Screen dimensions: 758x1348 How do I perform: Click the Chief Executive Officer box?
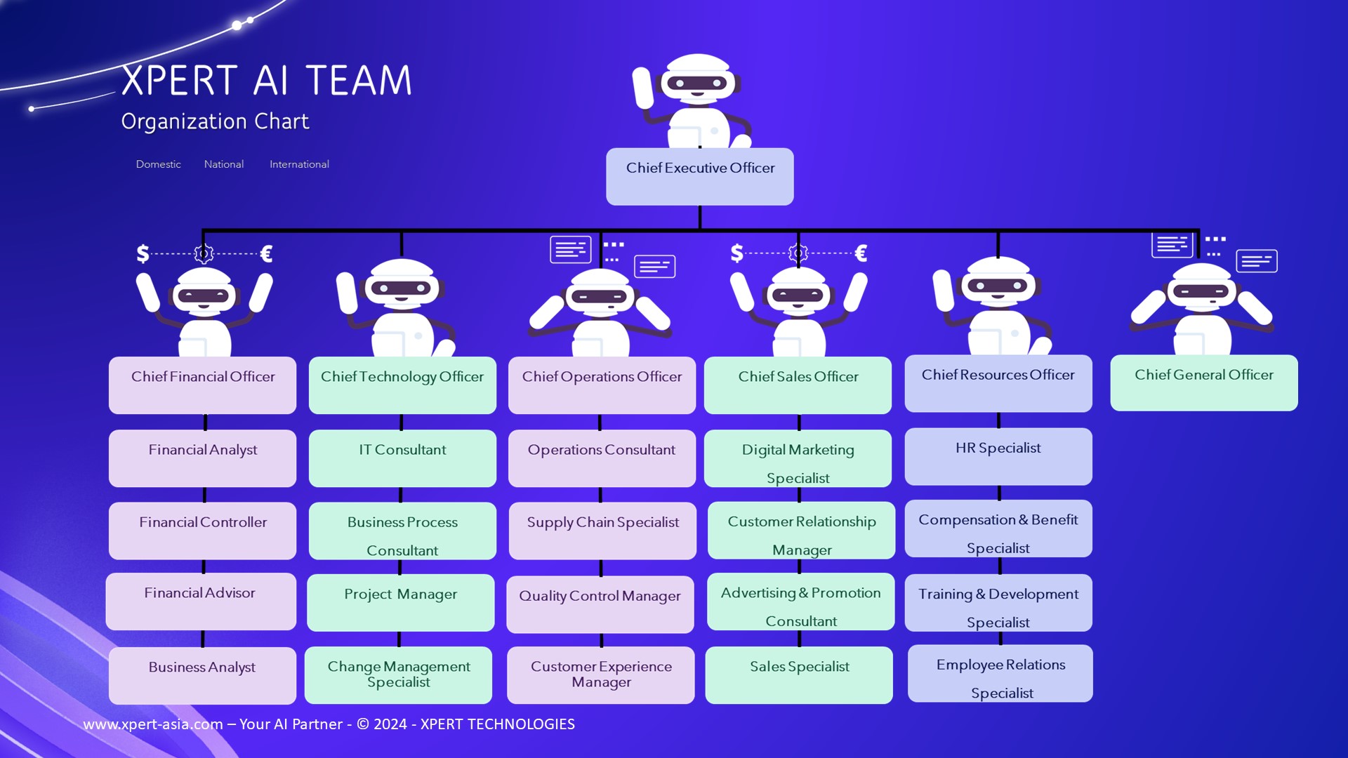coord(699,176)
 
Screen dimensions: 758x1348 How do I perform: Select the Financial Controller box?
coord(202,530)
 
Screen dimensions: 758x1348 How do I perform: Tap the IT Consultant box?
coord(402,458)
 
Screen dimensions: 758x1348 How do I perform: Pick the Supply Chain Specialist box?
coord(602,530)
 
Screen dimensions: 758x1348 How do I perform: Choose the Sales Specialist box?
coord(799,674)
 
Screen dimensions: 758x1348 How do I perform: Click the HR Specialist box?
coord(998,456)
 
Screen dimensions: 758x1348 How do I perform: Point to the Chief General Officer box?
coord(1203,383)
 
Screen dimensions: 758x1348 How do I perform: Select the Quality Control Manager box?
coord(600,604)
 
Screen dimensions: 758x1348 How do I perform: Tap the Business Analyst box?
coord(202,674)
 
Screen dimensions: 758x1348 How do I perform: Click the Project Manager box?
coord(400,602)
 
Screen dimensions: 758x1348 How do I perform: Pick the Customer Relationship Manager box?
coord(801,530)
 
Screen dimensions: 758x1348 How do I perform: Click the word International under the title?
coord(299,164)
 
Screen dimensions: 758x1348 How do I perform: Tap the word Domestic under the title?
coord(158,164)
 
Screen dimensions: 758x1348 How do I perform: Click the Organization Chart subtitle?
coord(215,121)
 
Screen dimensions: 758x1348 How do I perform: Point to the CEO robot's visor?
coord(696,84)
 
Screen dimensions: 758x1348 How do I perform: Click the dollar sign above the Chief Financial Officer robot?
coord(143,253)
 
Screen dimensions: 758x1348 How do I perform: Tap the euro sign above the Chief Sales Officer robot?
coord(861,253)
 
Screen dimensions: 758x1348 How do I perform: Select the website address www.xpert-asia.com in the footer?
coord(153,724)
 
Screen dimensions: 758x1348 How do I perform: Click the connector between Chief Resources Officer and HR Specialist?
coord(998,420)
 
